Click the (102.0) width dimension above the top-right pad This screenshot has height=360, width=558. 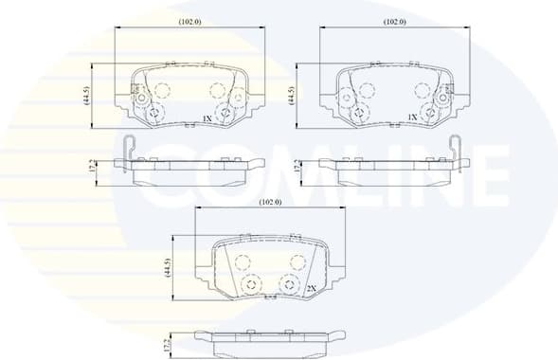click(x=395, y=21)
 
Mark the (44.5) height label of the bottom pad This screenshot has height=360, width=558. click(x=167, y=268)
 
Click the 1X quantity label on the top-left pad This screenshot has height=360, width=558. click(x=207, y=118)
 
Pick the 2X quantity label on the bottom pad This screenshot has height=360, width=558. click(x=310, y=289)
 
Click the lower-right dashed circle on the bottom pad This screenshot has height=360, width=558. click(x=291, y=283)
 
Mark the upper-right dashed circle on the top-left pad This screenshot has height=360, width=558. click(x=217, y=91)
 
